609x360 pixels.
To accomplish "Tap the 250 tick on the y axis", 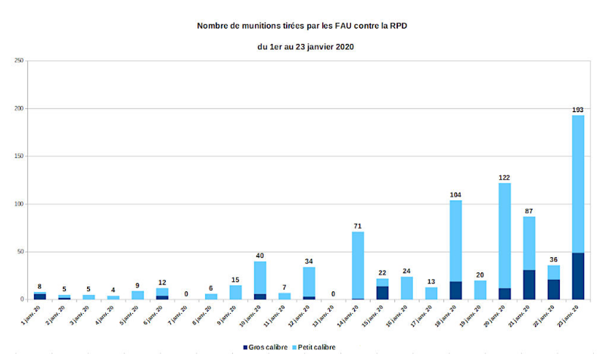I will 20,61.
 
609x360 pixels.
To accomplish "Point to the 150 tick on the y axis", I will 20,157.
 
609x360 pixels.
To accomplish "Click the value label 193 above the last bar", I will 578,110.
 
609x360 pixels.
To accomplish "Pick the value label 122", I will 505,178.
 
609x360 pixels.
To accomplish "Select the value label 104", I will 455,194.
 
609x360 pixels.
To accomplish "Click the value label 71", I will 358,226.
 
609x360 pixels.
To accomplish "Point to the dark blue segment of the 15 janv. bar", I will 383,293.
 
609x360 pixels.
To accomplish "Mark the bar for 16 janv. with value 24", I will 407,288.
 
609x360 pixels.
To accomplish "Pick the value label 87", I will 529,211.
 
